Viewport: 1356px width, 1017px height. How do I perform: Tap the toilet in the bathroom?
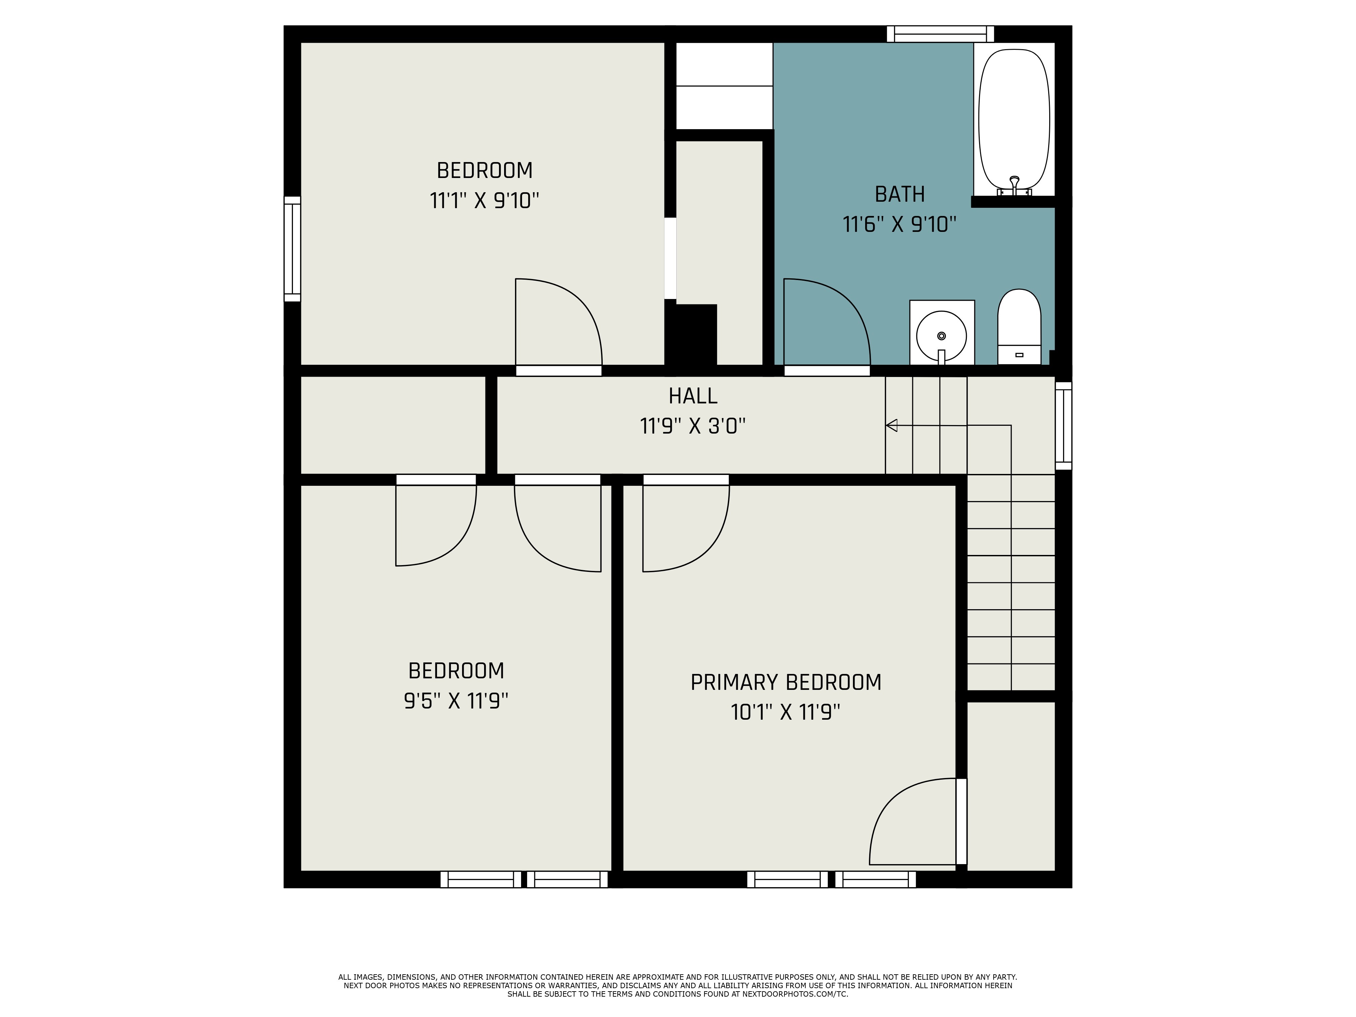pos(1019,327)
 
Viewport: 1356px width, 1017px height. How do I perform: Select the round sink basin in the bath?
pos(942,336)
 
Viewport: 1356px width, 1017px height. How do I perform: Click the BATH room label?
pos(899,194)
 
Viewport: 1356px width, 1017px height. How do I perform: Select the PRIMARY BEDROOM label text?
pos(786,682)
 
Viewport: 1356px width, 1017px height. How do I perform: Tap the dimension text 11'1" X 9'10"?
pos(484,200)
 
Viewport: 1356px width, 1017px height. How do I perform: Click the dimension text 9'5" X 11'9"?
pos(456,701)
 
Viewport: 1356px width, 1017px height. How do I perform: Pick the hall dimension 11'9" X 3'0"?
pos(693,426)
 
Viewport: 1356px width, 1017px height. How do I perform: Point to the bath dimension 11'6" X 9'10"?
pos(899,224)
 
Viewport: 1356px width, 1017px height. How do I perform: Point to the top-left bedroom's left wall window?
pos(293,249)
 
